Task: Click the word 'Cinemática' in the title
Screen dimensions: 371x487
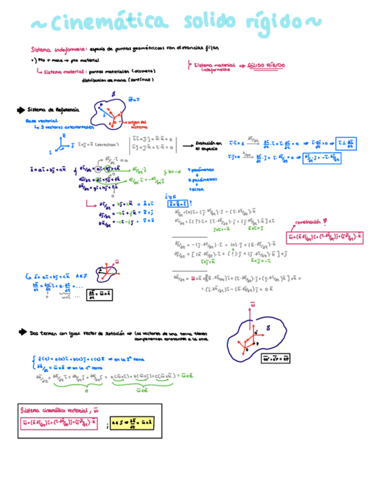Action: click(109, 23)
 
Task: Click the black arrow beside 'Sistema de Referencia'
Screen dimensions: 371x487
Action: click(22, 109)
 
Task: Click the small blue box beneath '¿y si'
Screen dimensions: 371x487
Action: click(175, 203)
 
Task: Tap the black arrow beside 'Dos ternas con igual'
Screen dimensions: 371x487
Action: click(22, 332)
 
